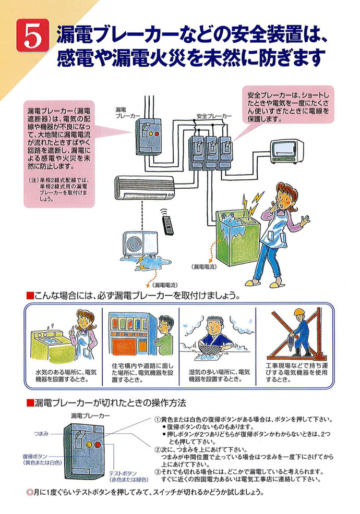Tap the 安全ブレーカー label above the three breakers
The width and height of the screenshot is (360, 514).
click(x=214, y=115)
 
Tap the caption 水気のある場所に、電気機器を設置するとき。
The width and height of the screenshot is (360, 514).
click(x=66, y=376)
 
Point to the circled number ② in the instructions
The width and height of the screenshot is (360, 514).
click(x=159, y=449)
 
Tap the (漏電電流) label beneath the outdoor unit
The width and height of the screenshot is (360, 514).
click(x=163, y=285)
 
